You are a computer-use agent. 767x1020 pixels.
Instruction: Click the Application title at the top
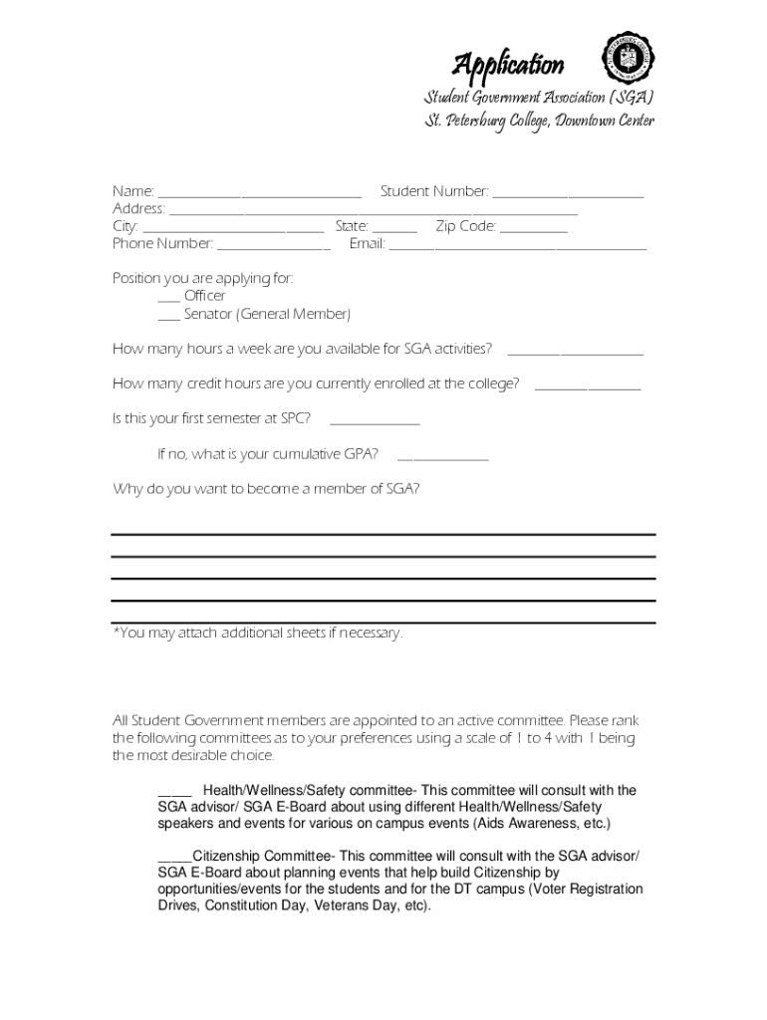pyautogui.click(x=508, y=66)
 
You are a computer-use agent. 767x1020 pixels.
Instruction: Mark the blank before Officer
pyautogui.click(x=168, y=298)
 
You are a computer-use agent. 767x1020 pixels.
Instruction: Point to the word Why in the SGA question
pyautogui.click(x=127, y=489)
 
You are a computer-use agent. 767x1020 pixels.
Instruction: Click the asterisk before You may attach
pyautogui.click(x=116, y=632)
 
